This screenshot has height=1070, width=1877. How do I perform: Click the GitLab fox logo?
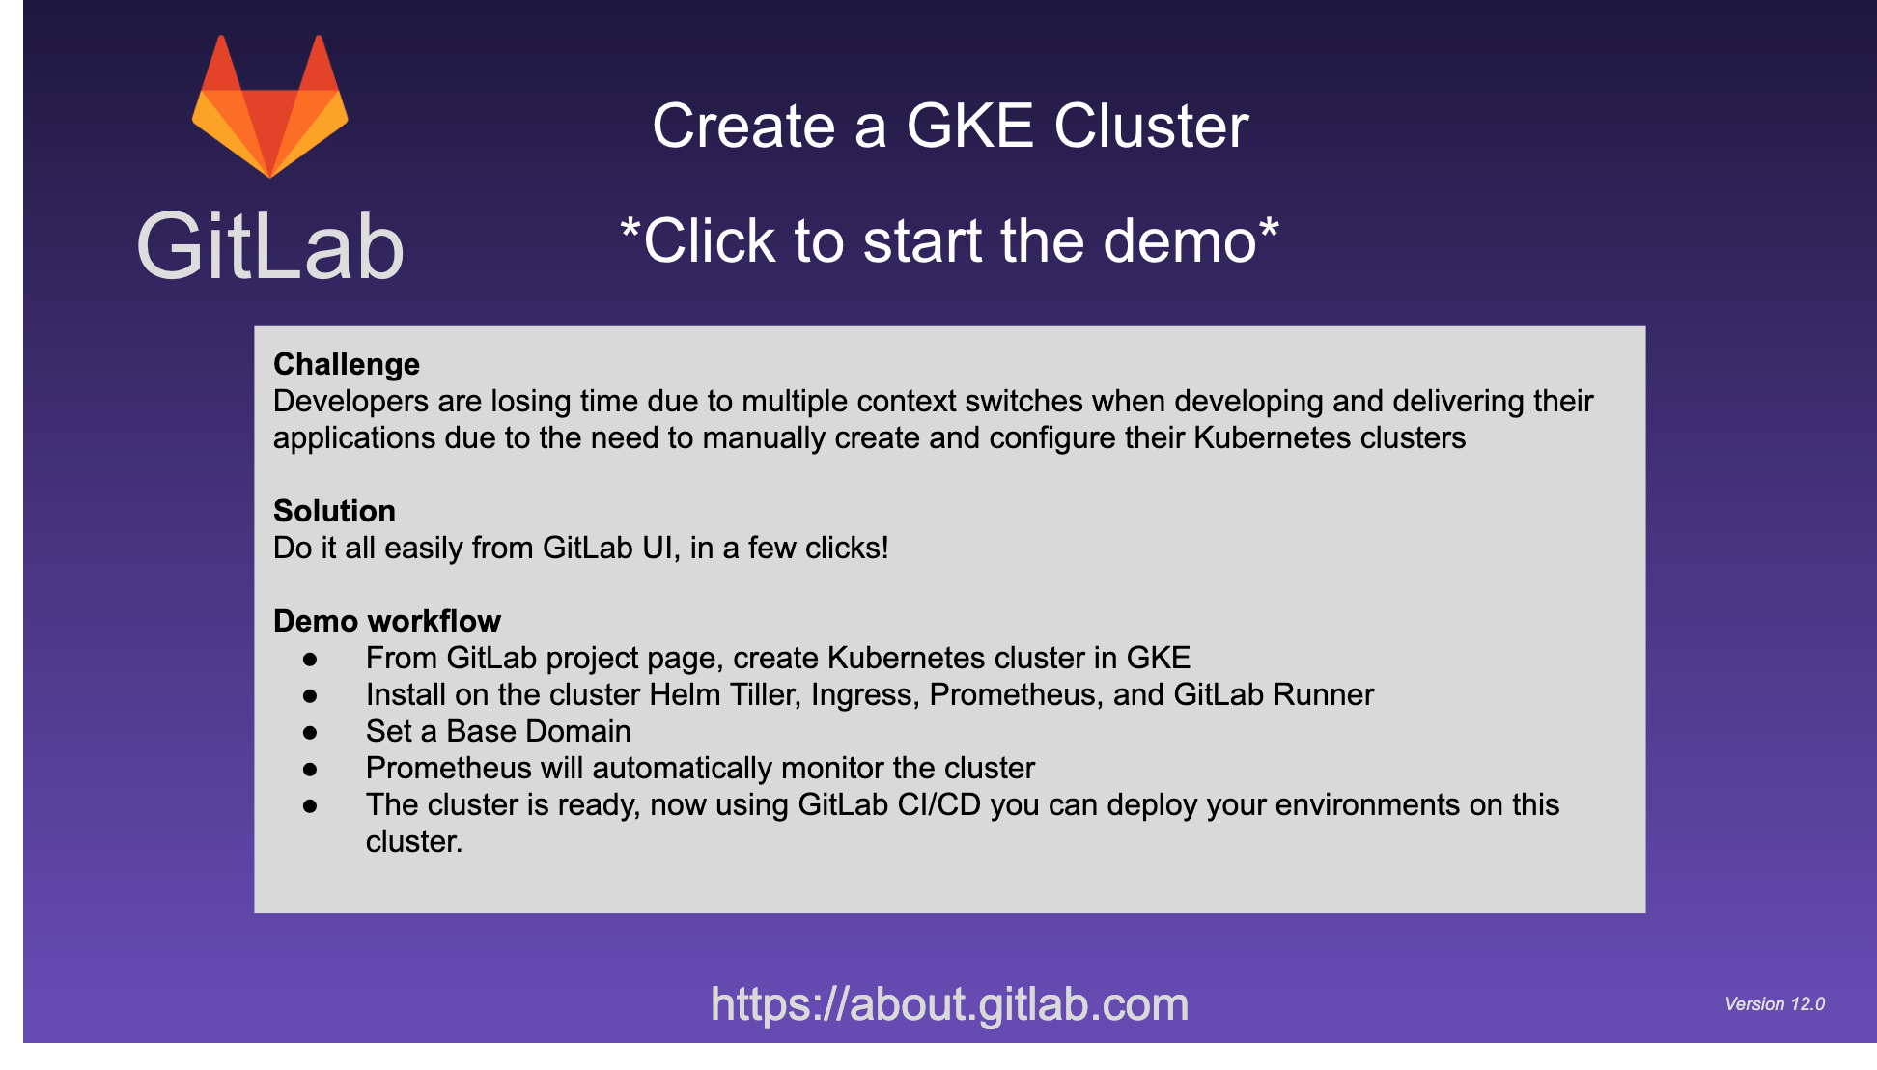[269, 106]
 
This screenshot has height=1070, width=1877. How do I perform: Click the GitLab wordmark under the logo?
[270, 247]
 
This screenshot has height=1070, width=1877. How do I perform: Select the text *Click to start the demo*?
[949, 241]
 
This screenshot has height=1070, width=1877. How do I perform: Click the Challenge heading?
[347, 364]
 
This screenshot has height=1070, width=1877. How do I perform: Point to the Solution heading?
[334, 511]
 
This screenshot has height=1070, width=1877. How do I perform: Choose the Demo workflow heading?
[387, 621]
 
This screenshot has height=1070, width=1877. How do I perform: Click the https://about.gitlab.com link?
[949, 1004]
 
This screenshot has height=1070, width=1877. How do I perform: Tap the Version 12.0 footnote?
[1775, 1004]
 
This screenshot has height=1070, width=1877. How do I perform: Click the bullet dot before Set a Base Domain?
[310, 733]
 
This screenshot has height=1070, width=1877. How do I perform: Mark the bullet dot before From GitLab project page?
[310, 660]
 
